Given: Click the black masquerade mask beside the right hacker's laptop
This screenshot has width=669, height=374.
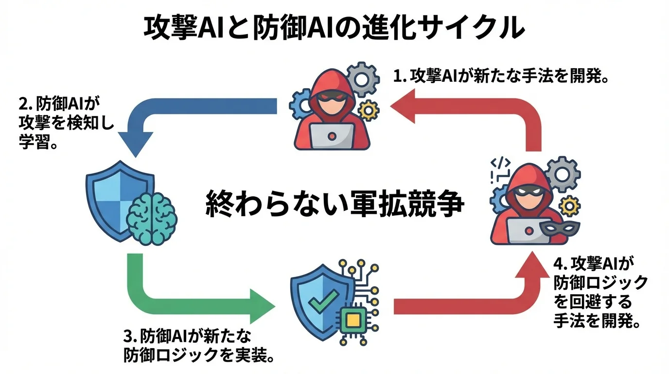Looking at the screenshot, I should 554,228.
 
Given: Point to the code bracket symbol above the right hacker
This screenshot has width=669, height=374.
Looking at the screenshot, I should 500,163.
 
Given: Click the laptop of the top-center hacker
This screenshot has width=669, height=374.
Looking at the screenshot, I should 333,136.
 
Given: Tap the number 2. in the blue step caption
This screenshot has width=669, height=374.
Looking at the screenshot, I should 25,105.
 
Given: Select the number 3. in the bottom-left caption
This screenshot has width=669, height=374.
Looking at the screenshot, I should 130,337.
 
